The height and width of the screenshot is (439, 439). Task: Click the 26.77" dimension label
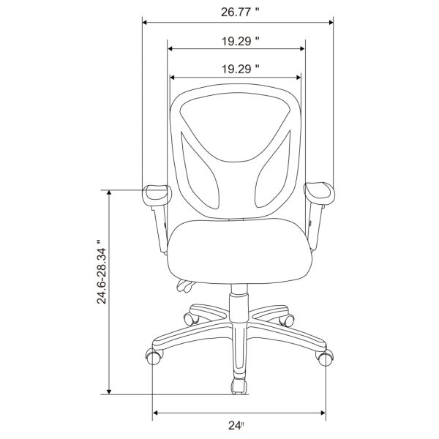pos(240,12)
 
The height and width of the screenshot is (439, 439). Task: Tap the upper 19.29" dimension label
pos(240,42)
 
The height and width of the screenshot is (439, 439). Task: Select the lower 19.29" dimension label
pos(240,70)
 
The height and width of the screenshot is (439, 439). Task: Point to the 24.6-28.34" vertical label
pos(102,271)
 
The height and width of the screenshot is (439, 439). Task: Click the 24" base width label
pos(236,426)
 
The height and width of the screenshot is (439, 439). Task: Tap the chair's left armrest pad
pos(156,195)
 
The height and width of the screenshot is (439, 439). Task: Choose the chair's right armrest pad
pos(320,193)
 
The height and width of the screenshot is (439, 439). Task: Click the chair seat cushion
pos(240,252)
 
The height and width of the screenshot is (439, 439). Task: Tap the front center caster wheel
pos(239,386)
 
